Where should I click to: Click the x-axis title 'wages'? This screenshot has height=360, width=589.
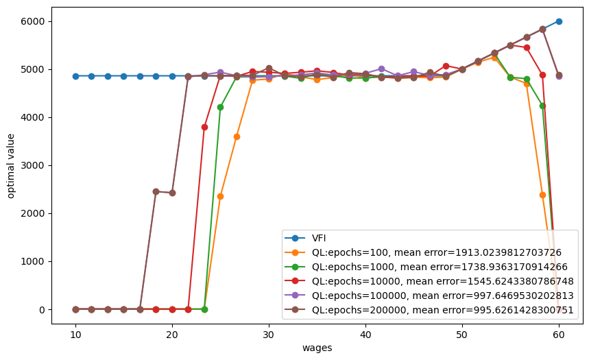coord(317,348)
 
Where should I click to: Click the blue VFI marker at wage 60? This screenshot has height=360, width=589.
coord(559,21)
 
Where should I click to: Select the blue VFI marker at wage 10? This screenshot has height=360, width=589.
coord(75,76)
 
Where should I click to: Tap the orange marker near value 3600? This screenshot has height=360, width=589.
coord(237,136)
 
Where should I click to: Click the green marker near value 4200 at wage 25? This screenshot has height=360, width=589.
coord(220,107)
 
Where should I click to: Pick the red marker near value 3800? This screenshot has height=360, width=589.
coord(204,127)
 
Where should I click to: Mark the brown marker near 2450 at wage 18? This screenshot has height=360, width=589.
coord(156,191)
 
